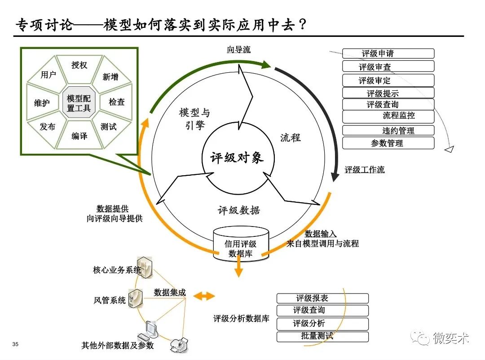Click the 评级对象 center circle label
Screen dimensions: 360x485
coord(237,158)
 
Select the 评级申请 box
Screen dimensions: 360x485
coord(388,53)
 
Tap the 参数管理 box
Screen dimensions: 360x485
coord(388,143)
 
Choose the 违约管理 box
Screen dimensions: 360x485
coord(388,131)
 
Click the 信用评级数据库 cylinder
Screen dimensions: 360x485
coord(241,244)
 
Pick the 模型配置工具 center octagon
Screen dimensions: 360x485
coord(79,103)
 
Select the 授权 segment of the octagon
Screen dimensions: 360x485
coord(79,65)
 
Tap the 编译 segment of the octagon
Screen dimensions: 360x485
coord(79,136)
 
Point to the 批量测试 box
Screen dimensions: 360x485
coord(322,336)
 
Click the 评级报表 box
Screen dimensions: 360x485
coord(322,298)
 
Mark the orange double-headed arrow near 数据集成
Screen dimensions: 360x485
coord(204,295)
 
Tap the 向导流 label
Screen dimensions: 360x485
coord(238,50)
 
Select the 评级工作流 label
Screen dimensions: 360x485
coord(364,170)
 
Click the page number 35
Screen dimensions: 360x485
coord(16,345)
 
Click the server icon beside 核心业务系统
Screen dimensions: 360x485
coord(146,268)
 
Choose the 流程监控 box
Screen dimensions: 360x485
coord(388,116)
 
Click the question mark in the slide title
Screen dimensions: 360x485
coord(303,24)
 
